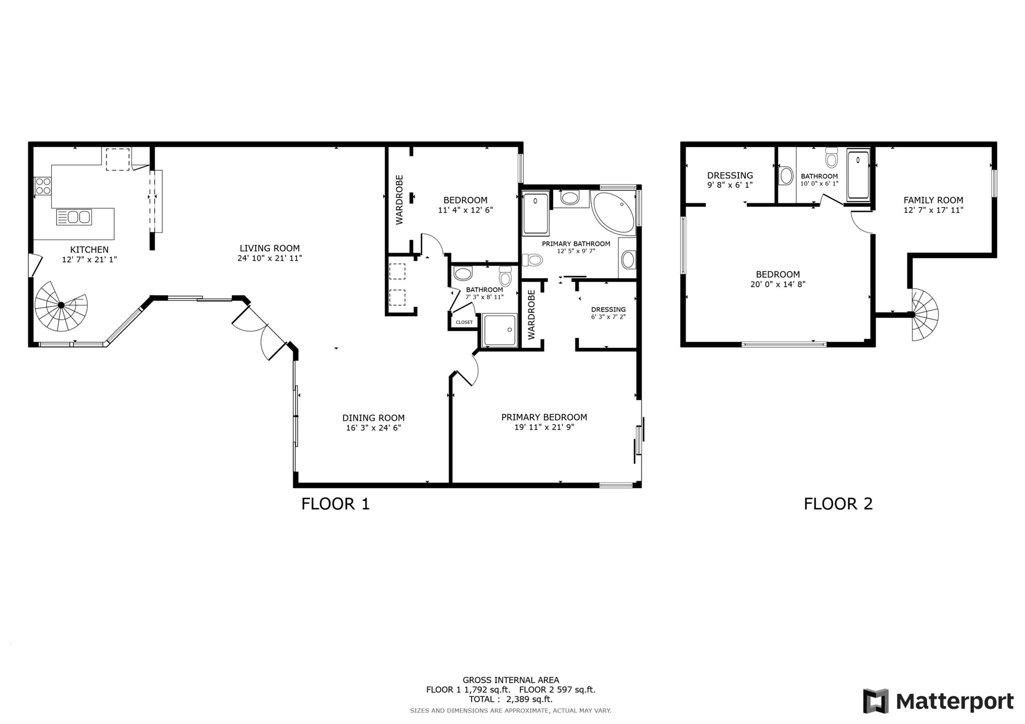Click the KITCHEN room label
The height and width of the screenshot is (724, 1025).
[x=89, y=250]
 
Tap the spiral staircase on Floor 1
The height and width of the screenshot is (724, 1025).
[x=61, y=306]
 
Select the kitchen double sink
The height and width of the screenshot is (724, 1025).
[x=74, y=217]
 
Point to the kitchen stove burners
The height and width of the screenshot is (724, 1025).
[x=43, y=186]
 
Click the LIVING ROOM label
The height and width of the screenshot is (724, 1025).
[x=270, y=248]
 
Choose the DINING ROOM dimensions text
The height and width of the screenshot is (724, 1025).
[x=373, y=428]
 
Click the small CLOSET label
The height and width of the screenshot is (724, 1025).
[x=464, y=322]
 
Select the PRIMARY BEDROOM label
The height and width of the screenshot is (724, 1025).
[x=544, y=417]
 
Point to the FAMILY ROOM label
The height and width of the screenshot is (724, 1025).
[x=933, y=200]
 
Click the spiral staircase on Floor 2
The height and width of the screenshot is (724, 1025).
[x=923, y=315]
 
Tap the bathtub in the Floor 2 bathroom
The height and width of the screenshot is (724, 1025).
[x=858, y=175]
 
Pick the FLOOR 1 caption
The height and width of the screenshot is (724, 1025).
[x=335, y=504]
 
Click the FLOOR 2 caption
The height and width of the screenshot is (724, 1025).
[x=838, y=504]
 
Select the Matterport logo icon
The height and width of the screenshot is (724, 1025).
[x=875, y=701]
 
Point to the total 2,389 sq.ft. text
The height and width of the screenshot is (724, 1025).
[x=510, y=699]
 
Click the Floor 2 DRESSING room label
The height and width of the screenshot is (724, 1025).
[x=730, y=176]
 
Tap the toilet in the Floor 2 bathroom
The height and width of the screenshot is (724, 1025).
[x=831, y=157]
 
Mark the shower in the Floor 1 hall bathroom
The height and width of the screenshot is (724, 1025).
[x=499, y=330]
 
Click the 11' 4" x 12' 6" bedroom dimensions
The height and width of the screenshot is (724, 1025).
[x=465, y=210]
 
